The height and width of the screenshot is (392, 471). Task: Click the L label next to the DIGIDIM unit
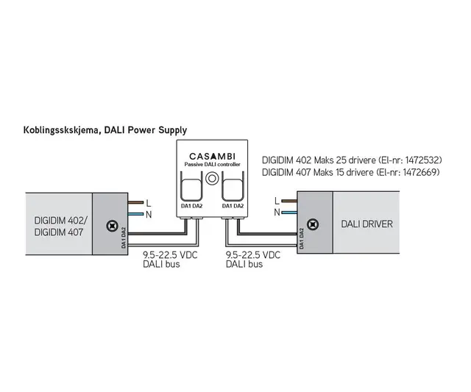pyautogui.click(x=150, y=202)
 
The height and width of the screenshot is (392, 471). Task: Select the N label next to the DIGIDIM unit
pyautogui.click(x=150, y=214)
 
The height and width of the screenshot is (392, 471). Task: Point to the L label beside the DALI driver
pyautogui.click(x=276, y=199)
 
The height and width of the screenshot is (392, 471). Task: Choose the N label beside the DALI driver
pyautogui.click(x=276, y=212)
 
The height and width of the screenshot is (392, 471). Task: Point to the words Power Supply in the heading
pyautogui.click(x=158, y=129)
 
